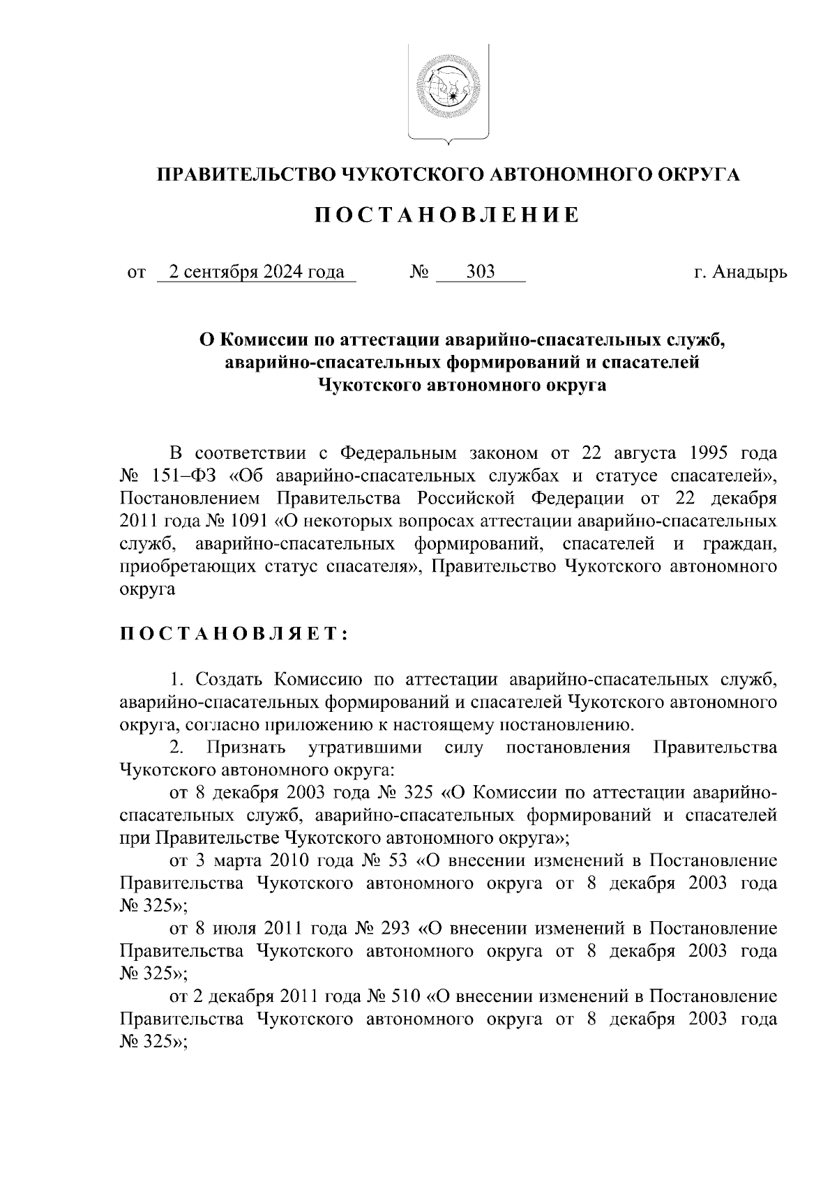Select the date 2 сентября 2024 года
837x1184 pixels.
(257, 272)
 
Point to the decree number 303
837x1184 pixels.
(481, 272)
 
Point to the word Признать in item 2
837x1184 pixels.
(246, 747)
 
